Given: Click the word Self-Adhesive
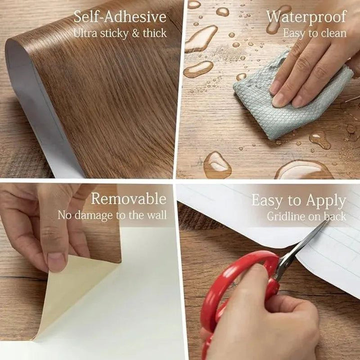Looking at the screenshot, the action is [120, 17].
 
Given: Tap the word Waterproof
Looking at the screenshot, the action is [306, 17].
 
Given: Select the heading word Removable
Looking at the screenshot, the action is [128, 198].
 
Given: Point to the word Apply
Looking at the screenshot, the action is [326, 201].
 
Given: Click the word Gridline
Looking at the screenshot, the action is [286, 216].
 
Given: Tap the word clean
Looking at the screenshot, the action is [333, 33].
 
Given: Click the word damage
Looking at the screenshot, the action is [94, 216].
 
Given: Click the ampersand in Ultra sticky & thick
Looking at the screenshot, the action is [135, 33].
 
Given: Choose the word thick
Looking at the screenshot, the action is [154, 33].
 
